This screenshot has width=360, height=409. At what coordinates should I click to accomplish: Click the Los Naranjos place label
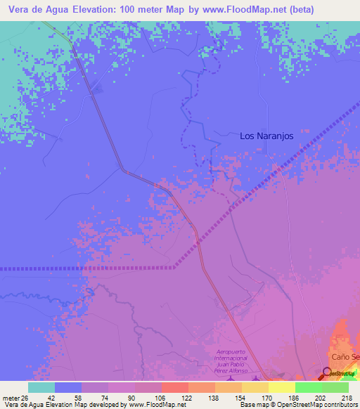266,136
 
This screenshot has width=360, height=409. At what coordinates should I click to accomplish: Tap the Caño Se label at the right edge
345,357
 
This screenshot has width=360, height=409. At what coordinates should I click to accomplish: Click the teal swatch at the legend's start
41,387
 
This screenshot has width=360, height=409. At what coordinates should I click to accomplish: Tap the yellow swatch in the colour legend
282,387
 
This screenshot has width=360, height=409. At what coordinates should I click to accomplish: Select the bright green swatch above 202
309,387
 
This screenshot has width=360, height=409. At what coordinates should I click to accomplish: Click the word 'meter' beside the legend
10,397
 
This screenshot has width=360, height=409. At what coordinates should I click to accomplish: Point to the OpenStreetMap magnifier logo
328,372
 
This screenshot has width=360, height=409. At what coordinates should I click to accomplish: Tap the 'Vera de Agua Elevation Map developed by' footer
63,405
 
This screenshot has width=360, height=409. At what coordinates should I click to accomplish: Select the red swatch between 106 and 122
175,387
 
